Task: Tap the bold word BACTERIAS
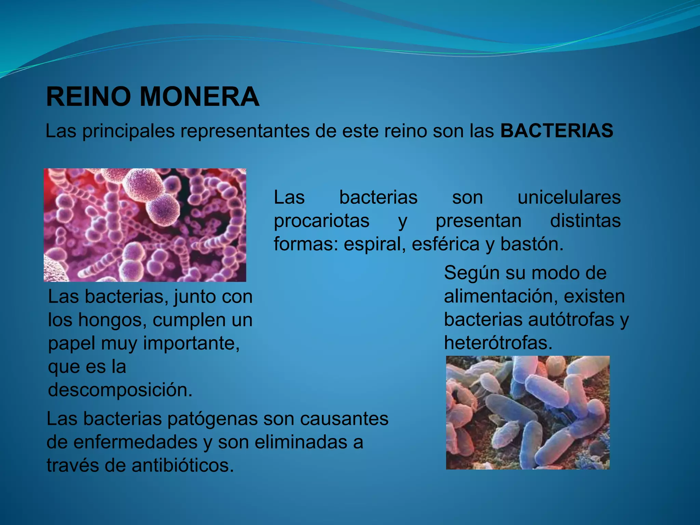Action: point(556,131)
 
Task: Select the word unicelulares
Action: point(569,198)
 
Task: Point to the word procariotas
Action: point(321,221)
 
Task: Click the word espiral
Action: point(375,244)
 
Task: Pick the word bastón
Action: point(531,244)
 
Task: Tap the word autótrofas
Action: point(571,320)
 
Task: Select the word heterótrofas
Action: point(498,343)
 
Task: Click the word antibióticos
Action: point(183,465)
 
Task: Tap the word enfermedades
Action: point(136,442)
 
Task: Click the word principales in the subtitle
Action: point(129,131)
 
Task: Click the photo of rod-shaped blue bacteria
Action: point(527,412)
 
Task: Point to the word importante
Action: point(191,343)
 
